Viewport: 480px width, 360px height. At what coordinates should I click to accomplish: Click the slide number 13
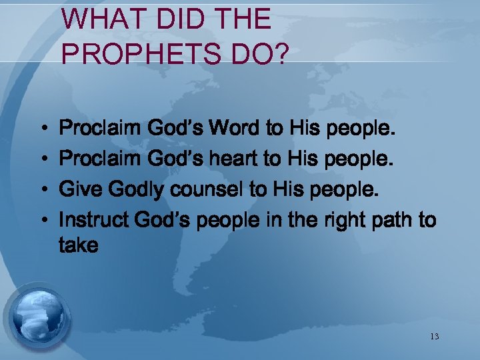click(x=434, y=337)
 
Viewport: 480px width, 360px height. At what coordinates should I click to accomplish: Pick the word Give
click(x=79, y=190)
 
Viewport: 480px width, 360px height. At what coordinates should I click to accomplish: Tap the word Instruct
click(x=94, y=220)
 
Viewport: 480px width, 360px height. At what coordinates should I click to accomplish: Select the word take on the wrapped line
click(x=79, y=246)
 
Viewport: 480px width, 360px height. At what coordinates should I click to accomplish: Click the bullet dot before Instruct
click(x=41, y=221)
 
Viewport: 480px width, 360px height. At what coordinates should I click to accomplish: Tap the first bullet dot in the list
click(x=41, y=128)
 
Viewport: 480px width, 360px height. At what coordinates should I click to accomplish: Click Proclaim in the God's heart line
click(x=98, y=159)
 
